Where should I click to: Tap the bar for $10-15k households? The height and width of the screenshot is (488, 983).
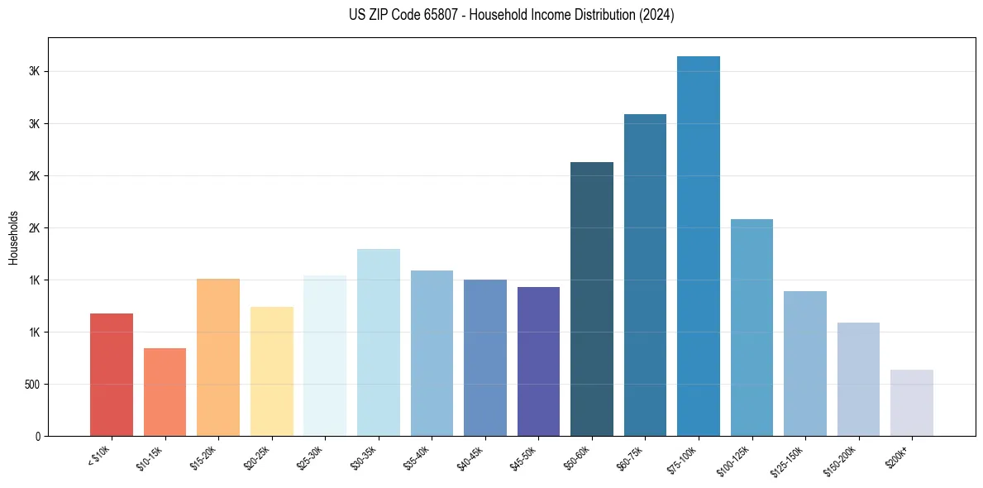tap(165, 392)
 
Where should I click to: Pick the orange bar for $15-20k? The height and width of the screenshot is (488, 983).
tap(218, 357)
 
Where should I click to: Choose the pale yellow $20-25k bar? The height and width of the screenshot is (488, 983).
tap(272, 371)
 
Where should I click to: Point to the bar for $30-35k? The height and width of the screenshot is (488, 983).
tap(379, 342)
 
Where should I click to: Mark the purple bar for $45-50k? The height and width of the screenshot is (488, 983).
tap(538, 361)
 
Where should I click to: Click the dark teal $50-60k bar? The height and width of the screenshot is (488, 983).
tap(592, 299)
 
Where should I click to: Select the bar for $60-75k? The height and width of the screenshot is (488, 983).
tap(645, 275)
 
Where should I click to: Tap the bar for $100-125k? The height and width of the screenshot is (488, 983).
tap(752, 328)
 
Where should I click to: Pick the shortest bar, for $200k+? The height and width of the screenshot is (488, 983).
tap(912, 403)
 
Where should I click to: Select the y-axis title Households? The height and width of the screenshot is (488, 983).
tap(14, 237)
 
